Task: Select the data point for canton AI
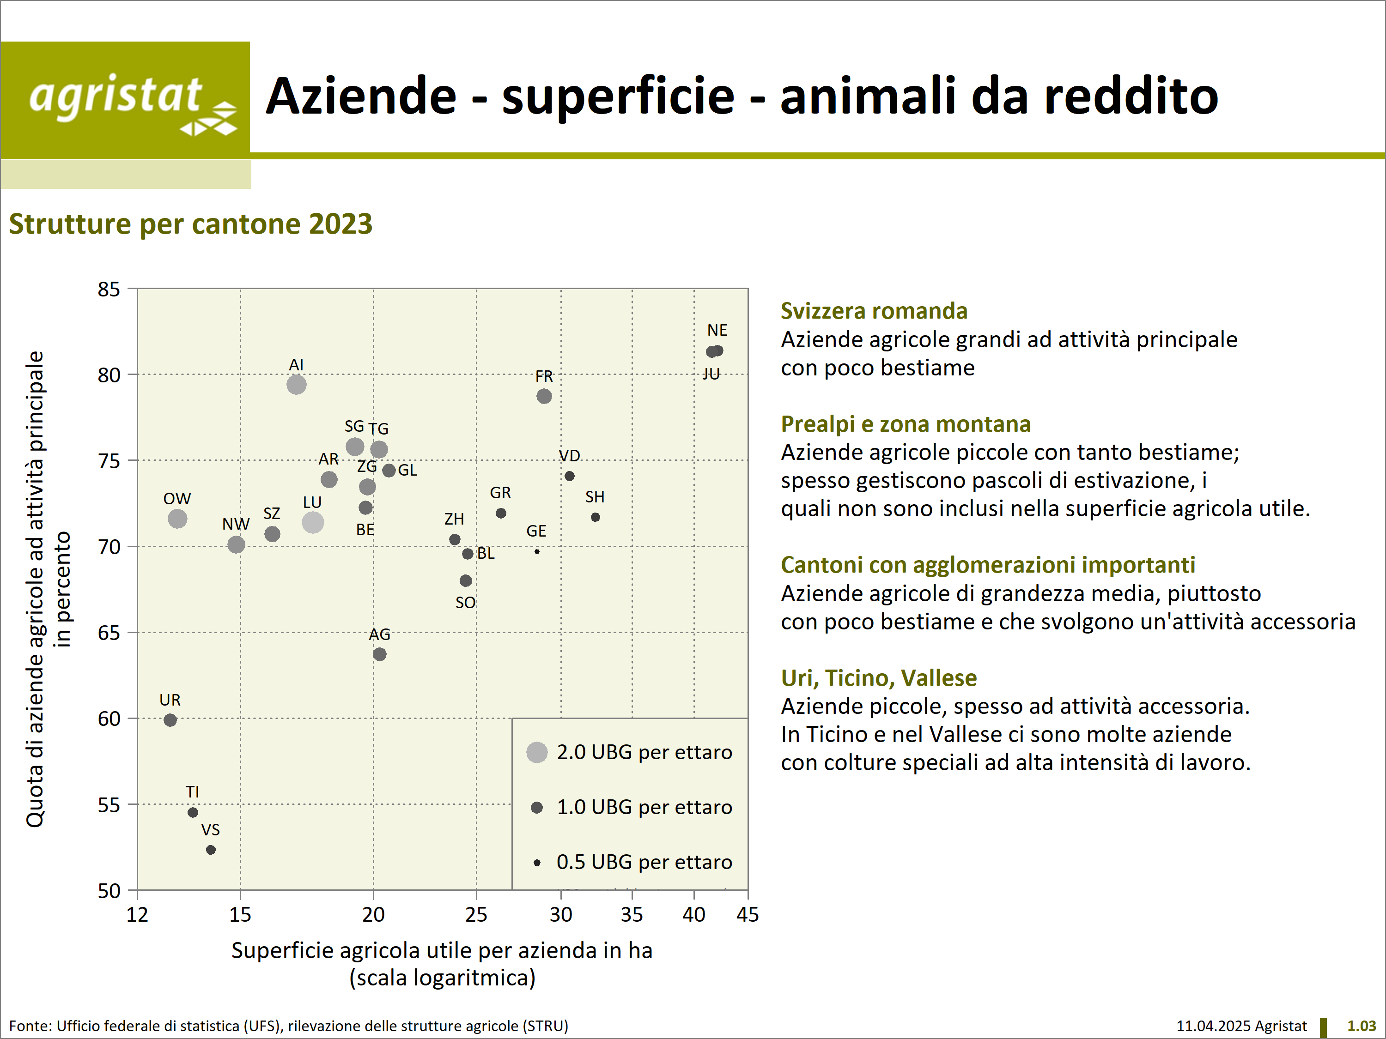[x=297, y=385]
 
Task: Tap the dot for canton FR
[x=544, y=396]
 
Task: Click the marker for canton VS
[x=211, y=850]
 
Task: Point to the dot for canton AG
[x=379, y=654]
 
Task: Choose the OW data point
[x=177, y=519]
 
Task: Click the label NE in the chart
[x=717, y=330]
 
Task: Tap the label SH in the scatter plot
[x=595, y=496]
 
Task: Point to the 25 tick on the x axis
[x=476, y=915]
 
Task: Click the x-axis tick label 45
[x=748, y=915]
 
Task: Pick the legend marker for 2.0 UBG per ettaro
[x=537, y=752]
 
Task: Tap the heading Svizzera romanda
[x=874, y=311]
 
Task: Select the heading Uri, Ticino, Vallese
[x=878, y=677]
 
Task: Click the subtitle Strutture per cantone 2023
[x=190, y=224]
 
